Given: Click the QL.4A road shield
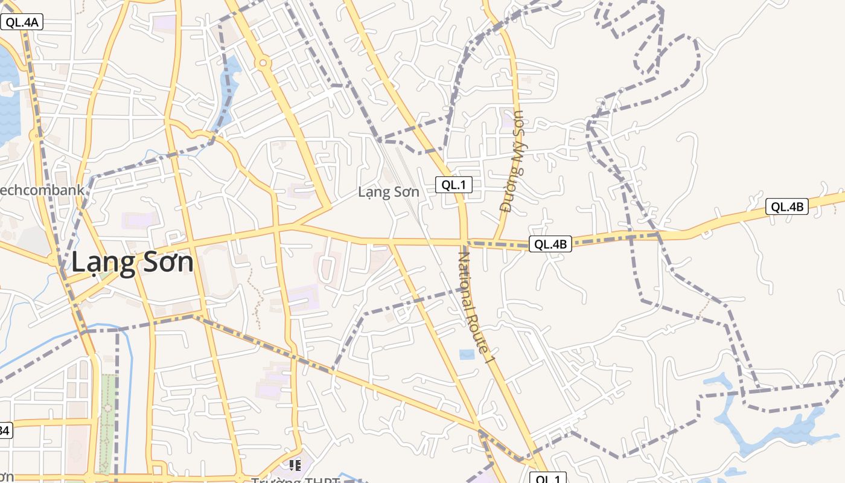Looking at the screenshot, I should click(22, 23).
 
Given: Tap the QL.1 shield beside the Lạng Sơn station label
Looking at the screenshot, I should click(453, 185).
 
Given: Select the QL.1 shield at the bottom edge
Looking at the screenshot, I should click(548, 478).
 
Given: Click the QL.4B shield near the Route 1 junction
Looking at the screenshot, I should click(550, 244).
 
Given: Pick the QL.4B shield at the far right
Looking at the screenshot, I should click(786, 206).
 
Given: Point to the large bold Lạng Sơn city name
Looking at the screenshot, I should click(133, 263).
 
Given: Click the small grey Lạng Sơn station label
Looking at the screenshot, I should click(388, 192).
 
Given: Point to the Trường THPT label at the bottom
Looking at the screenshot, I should click(295, 480).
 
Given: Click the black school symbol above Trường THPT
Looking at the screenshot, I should click(295, 465).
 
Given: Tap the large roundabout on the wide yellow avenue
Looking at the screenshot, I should click(263, 62).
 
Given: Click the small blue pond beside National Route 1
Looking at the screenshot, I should click(467, 354).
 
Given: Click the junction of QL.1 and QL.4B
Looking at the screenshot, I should click(464, 242).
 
